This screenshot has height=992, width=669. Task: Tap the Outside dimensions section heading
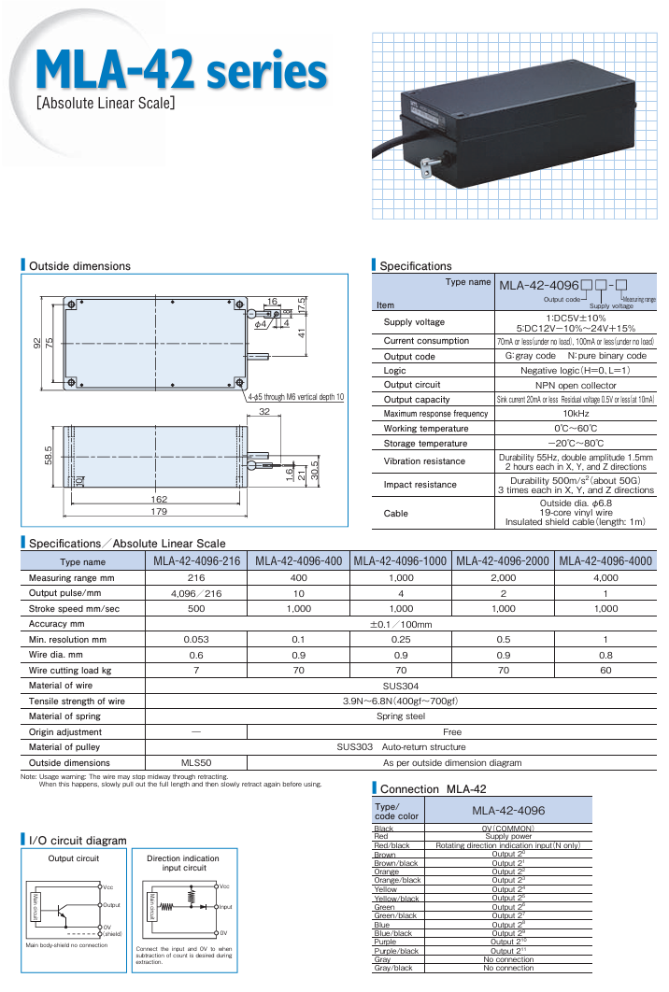point(79,266)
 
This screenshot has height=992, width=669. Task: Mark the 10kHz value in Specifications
point(575,414)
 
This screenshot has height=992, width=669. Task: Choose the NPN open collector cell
point(575,385)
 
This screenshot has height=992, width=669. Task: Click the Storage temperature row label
point(425,443)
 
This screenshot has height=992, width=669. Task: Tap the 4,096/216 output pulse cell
point(195,593)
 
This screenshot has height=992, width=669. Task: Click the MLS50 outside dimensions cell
point(195,762)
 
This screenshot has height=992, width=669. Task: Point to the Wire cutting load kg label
point(70,671)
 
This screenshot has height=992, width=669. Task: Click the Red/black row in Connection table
point(391,845)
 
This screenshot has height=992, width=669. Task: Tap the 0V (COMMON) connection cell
point(507,829)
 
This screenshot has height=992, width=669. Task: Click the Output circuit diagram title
point(73,858)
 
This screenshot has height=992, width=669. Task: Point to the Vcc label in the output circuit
point(108,887)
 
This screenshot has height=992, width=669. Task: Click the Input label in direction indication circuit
point(224,906)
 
